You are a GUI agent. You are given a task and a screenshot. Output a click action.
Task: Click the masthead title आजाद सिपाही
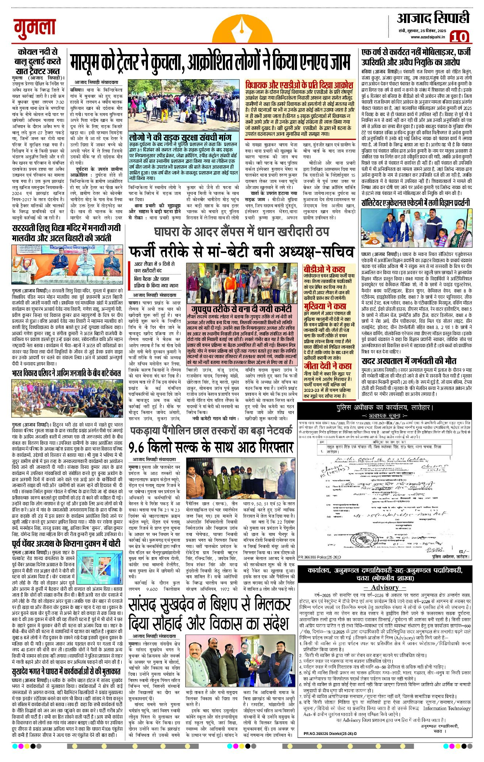coord(433,18)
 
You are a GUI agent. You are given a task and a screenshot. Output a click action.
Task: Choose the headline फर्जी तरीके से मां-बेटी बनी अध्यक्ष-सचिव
coord(241,252)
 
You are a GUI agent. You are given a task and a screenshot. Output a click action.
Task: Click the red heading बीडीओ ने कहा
coord(324,269)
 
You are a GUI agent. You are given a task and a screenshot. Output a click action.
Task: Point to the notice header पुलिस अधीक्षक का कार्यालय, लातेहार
coord(384,407)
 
